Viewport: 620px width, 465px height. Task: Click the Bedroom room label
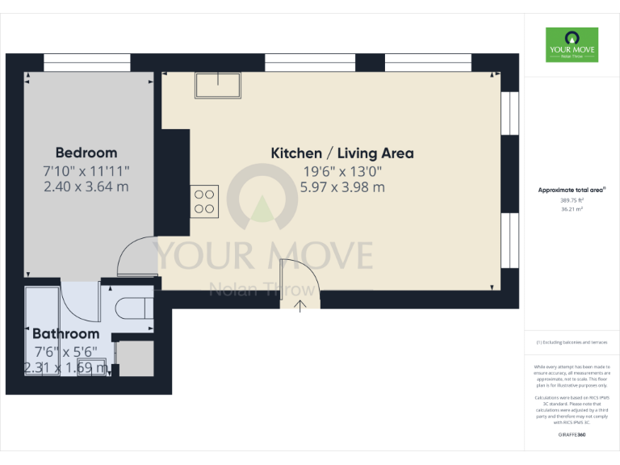[86, 153]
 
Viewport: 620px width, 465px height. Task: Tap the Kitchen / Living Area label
[342, 153]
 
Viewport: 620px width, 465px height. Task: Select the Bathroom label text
[65, 333]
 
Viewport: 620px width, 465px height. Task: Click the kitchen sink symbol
[217, 85]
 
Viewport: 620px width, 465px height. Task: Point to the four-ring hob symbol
[204, 200]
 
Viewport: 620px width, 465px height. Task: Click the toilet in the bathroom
[134, 308]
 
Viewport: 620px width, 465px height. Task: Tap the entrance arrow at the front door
[300, 305]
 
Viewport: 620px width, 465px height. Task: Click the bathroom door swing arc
[82, 301]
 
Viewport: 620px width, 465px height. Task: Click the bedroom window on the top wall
[86, 61]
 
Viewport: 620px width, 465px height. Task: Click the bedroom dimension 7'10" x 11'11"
[86, 170]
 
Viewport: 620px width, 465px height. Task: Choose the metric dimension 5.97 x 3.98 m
[342, 187]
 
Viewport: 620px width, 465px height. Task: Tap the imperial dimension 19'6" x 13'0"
[342, 170]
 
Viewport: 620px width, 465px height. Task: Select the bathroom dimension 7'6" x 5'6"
[65, 351]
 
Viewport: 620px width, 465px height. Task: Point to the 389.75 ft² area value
[572, 199]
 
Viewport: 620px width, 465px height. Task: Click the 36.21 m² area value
[572, 208]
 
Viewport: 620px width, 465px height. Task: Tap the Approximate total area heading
[572, 190]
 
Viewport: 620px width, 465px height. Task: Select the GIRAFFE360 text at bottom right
[572, 435]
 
